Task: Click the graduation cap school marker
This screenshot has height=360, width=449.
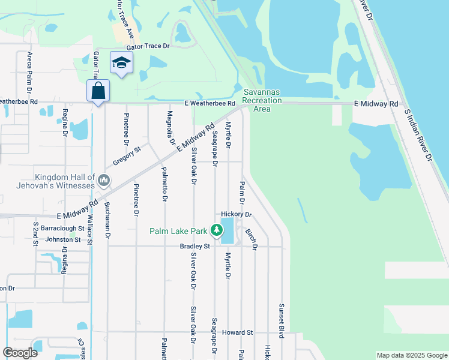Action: [x=121, y=63]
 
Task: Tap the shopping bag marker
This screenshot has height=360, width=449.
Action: [x=98, y=91]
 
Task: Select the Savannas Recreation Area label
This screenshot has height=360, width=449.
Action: [x=262, y=100]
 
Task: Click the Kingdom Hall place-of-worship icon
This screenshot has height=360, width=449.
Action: [x=104, y=180]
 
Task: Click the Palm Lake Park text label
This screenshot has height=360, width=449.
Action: [x=178, y=230]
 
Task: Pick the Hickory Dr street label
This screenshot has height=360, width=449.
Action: [x=235, y=214]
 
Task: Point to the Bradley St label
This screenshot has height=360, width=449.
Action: [x=195, y=246]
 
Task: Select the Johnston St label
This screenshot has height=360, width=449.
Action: [x=63, y=239]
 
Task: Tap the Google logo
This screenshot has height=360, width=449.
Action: [x=20, y=352]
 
